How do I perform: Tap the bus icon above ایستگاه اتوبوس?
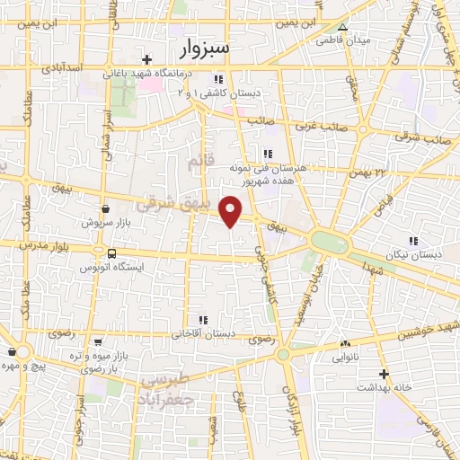[x=111, y=254]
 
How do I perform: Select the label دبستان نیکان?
[x=415, y=254]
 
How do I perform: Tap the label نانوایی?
[x=345, y=357]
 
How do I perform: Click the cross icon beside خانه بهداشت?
[x=385, y=373]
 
